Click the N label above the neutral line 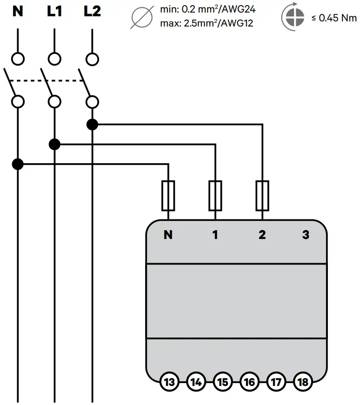[18, 11]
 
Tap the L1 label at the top [55, 11]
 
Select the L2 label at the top [92, 11]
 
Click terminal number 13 [170, 382]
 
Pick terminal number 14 [196, 382]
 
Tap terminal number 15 [223, 382]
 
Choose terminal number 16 [249, 382]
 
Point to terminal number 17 [276, 382]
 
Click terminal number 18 [302, 382]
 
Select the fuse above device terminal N [168, 196]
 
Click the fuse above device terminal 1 [215, 196]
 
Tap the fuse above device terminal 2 [262, 196]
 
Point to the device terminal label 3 [306, 235]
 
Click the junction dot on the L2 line [93, 125]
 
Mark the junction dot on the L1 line [55, 144]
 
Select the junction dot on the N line [18, 164]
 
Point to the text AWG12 [237, 23]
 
